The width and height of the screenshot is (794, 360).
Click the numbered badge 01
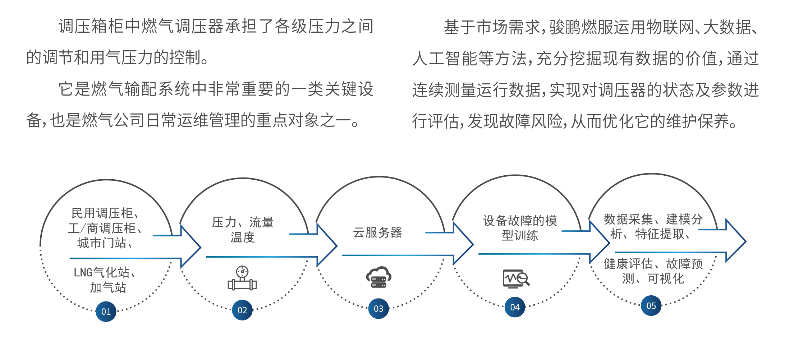pos(106,311)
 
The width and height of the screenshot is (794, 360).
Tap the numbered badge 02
pos(242,310)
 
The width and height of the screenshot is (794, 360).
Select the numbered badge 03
pos(378,309)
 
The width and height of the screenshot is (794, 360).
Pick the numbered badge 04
pos(515,307)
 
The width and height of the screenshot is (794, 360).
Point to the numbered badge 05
pos(651,306)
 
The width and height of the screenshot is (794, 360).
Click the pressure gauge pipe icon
pos(242,278)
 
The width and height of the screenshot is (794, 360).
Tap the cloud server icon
pos(378,277)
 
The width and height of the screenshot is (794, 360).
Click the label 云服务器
pos(377,233)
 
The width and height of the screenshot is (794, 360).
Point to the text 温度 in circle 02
pos(243,237)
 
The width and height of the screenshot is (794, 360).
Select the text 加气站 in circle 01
pos(108,287)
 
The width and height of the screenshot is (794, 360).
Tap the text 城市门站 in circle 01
pos(102,243)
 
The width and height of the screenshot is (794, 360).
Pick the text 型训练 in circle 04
pos(520,236)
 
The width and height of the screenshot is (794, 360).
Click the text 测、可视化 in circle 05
pos(653,278)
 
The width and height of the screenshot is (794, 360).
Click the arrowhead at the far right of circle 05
pos(736,241)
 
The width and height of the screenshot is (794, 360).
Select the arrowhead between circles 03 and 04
pos(464,244)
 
